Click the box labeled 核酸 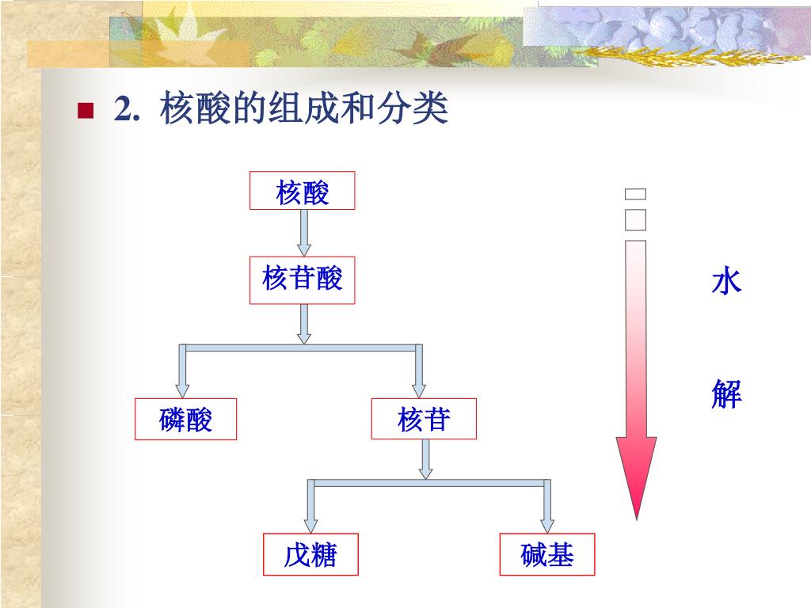coord(302,191)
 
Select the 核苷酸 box coord(302,279)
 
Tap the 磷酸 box coord(185,419)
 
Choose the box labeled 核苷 coord(424,419)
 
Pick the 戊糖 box coord(310,554)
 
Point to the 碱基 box coord(546,554)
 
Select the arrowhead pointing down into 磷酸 coord(183,389)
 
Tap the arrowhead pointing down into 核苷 coord(420,389)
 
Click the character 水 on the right coord(725,281)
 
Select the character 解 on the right coord(725,393)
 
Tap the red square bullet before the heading coord(86,110)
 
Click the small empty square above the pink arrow coord(635,194)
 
